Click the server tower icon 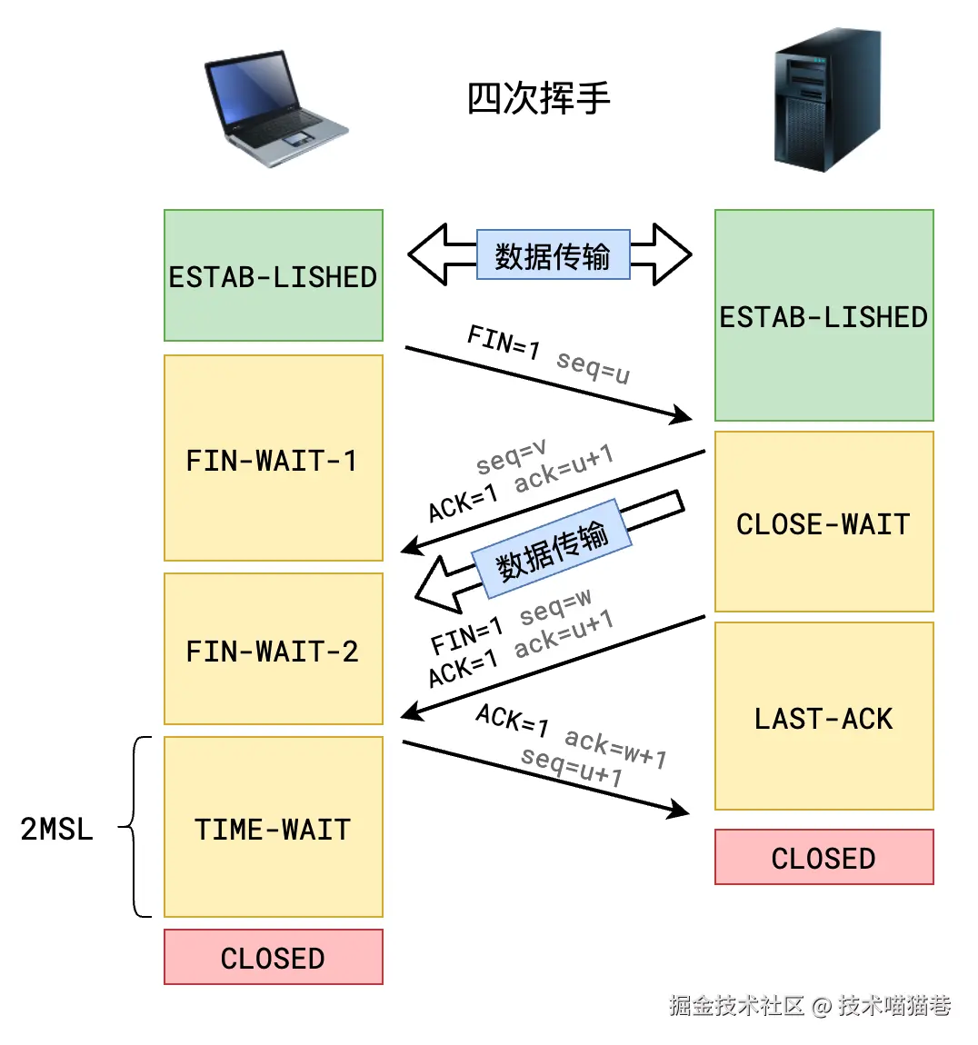(x=826, y=100)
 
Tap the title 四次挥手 (x=538, y=98)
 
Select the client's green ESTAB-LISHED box (x=273, y=276)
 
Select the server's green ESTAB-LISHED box (x=823, y=316)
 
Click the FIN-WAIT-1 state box (x=273, y=459)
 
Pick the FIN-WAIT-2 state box (x=273, y=650)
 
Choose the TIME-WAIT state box (x=273, y=828)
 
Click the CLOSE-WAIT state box (x=823, y=522)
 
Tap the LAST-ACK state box (x=823, y=717)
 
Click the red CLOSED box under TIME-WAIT (x=273, y=957)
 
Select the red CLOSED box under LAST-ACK (x=823, y=857)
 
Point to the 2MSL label (x=56, y=828)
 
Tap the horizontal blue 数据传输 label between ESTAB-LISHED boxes (x=553, y=255)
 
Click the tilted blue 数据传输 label (x=551, y=550)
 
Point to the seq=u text (x=593, y=366)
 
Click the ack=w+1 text (x=615, y=748)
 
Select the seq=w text (x=555, y=606)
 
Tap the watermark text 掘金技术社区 (x=736, y=1005)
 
